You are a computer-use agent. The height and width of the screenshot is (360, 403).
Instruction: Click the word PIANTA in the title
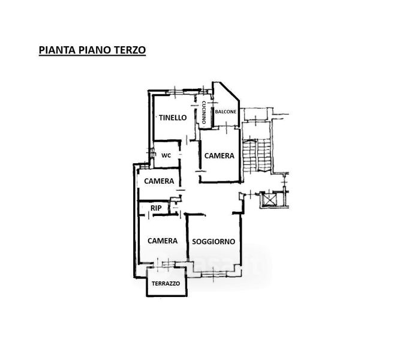pyautogui.click(x=56, y=50)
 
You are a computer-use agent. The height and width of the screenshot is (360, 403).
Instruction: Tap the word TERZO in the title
pyautogui.click(x=128, y=50)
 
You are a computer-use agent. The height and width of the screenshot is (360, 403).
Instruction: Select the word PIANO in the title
pyautogui.click(x=92, y=50)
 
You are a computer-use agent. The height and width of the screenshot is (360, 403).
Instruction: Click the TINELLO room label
pyautogui.click(x=173, y=118)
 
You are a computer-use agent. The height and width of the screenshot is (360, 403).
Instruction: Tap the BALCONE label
pyautogui.click(x=226, y=112)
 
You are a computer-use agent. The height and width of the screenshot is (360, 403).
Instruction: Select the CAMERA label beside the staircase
pyautogui.click(x=219, y=155)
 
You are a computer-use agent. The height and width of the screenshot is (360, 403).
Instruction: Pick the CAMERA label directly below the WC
pyautogui.click(x=159, y=181)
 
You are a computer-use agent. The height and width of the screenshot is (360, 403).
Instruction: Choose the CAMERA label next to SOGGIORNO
pyautogui.click(x=163, y=241)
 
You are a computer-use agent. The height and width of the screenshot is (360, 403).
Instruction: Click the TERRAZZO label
pyautogui.click(x=166, y=284)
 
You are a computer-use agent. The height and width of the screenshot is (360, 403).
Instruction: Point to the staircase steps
pyautogui.click(x=256, y=157)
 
